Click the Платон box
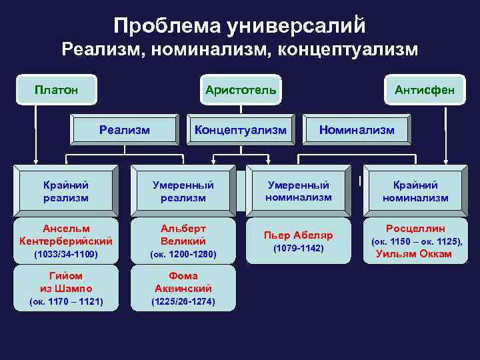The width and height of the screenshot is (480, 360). tap(57, 89)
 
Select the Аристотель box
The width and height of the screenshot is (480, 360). tap(241, 89)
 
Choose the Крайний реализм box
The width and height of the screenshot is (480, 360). tap(66, 191)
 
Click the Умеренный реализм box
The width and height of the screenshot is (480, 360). tap(183, 191)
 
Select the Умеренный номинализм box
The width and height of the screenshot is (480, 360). tap(299, 190)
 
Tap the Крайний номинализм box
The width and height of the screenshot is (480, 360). tap(415, 191)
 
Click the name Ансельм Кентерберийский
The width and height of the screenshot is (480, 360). tap(66, 234)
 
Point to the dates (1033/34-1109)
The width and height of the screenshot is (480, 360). tap(66, 254)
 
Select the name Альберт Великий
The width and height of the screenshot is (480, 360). tap(183, 234)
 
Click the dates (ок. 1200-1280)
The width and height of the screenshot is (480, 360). tap(183, 254)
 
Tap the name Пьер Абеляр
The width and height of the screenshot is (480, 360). tap(299, 235)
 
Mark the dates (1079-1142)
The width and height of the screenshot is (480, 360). tap(299, 248)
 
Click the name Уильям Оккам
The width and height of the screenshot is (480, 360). tap(414, 253)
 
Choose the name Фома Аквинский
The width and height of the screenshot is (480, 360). tap(183, 282)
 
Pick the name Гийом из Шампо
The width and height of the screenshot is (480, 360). tap(66, 282)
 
